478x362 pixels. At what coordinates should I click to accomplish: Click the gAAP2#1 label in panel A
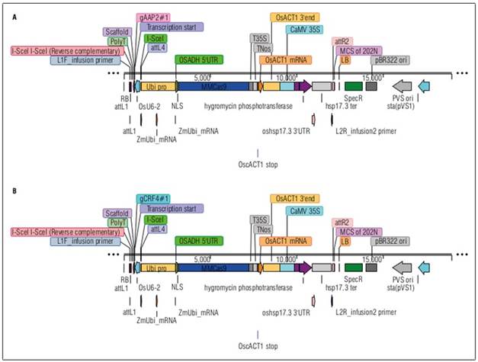[x=155, y=17]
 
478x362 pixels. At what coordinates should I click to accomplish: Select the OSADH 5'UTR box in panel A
[x=199, y=59]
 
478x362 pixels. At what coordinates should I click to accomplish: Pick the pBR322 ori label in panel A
[x=391, y=59]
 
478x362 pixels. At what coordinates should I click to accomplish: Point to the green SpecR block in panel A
[x=353, y=87]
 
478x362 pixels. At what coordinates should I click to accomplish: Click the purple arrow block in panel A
[x=303, y=87]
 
